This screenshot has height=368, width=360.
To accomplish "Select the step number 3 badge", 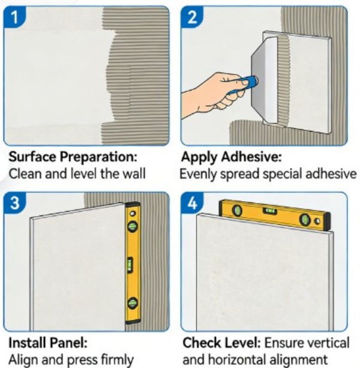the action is [x=14, y=203].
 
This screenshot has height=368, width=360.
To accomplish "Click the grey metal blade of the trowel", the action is [x=265, y=80].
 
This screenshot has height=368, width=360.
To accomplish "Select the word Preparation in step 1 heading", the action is [x=98, y=157].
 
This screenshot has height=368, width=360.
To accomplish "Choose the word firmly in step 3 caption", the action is [x=117, y=360].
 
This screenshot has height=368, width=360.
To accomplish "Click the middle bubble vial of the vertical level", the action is [x=130, y=265].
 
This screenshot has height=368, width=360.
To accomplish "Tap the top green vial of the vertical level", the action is [x=132, y=226].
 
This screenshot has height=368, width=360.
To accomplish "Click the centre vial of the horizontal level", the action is [x=270, y=211].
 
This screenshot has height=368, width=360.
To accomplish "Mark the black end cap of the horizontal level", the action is [x=327, y=221].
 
